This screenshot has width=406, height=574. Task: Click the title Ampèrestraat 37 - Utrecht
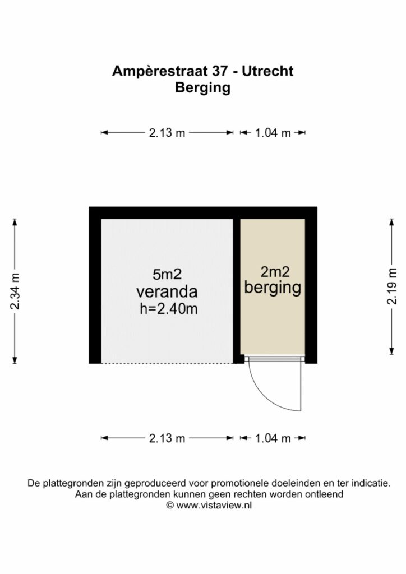(x=203, y=71)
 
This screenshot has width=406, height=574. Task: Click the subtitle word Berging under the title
(x=203, y=88)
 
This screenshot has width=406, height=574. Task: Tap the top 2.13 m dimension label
(x=167, y=132)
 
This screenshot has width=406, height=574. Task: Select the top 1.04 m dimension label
(x=273, y=132)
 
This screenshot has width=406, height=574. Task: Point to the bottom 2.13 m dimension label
(x=167, y=438)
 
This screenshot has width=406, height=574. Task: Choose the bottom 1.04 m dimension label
(x=273, y=438)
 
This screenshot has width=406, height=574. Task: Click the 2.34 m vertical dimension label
(x=15, y=291)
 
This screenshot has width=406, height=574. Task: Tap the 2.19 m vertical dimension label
(x=392, y=286)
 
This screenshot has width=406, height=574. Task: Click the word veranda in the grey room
(x=167, y=291)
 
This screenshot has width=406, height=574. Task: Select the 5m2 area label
(x=167, y=275)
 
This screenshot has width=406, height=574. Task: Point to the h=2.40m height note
(x=168, y=309)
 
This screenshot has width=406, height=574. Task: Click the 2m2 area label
(x=275, y=272)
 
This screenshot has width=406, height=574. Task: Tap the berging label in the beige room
(x=273, y=288)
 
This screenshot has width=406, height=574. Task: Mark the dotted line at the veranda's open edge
(x=167, y=363)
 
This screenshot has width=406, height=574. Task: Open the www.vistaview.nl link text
(x=214, y=506)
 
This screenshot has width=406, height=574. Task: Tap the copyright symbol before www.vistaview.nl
(x=170, y=506)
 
